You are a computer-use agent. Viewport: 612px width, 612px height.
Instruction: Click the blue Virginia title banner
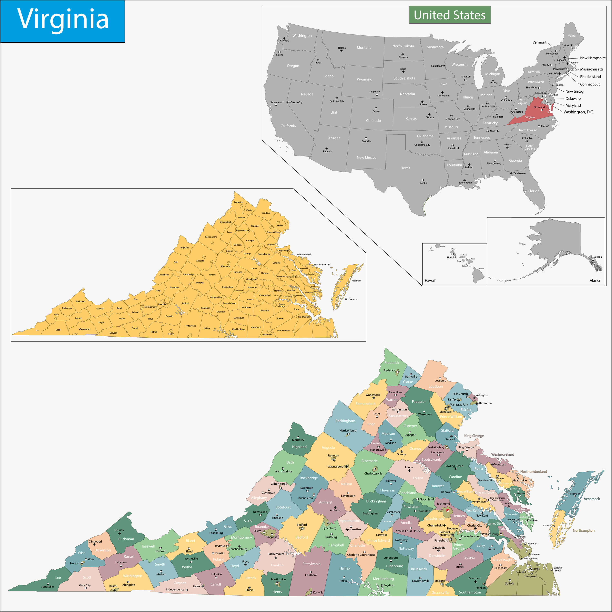click(x=62, y=21)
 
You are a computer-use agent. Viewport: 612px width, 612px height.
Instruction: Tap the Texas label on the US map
click(x=406, y=168)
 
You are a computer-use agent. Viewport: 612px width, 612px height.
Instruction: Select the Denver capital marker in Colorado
click(x=376, y=108)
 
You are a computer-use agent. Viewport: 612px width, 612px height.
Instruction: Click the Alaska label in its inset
click(x=595, y=280)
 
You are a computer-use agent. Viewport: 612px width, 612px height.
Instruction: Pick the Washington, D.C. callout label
click(x=578, y=112)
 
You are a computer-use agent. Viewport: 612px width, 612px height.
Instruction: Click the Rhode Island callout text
click(x=590, y=77)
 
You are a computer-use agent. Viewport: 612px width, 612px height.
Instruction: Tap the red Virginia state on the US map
click(x=535, y=114)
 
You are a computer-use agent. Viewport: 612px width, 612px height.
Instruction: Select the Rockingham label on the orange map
click(x=211, y=237)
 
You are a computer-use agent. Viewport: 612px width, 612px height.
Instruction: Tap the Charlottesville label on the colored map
click(x=373, y=473)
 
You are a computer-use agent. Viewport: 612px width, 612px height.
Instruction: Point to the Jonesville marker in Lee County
click(x=48, y=583)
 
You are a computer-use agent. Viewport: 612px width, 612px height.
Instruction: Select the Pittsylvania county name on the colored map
click(x=311, y=564)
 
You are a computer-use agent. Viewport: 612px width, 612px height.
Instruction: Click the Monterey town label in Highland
click(x=298, y=440)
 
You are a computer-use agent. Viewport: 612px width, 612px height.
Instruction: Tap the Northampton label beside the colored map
click(x=583, y=530)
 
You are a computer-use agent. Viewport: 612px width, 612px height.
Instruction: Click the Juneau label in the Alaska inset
click(x=598, y=257)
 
